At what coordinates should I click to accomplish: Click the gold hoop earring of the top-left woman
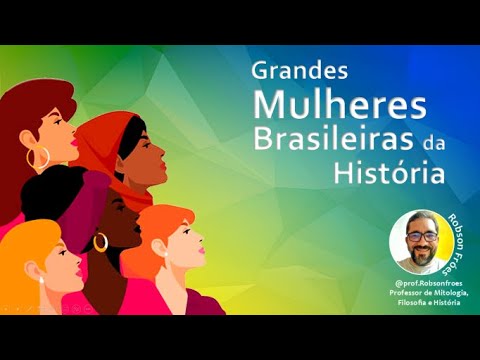pyautogui.click(x=39, y=158)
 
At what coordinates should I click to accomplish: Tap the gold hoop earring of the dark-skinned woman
pyautogui.click(x=100, y=243)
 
